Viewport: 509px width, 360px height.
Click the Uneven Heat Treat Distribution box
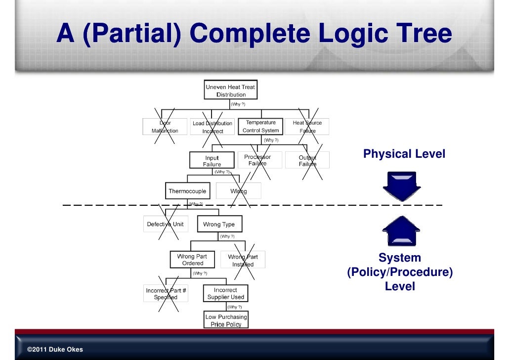point(230,90)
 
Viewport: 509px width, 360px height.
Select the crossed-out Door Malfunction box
point(165,127)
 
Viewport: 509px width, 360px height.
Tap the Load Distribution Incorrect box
point(212,127)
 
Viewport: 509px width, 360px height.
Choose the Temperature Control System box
point(260,127)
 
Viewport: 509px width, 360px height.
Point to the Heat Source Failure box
point(307,127)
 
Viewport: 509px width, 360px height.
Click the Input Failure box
point(212,161)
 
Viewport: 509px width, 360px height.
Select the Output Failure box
point(307,161)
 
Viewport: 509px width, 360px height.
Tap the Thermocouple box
point(187,191)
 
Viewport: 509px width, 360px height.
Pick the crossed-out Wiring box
point(238,191)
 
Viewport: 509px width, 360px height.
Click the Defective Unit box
point(165,224)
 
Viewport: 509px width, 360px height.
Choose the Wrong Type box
point(219,224)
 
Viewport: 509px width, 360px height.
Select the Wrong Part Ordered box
point(192,260)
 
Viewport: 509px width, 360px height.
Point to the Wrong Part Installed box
point(243,260)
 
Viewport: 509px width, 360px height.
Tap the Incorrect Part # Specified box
point(166,294)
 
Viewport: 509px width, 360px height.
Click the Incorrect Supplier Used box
point(225,294)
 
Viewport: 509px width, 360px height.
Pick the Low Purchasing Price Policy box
point(226,320)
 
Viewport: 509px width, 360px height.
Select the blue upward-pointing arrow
point(400,231)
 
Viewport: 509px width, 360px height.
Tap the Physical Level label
point(404,154)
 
